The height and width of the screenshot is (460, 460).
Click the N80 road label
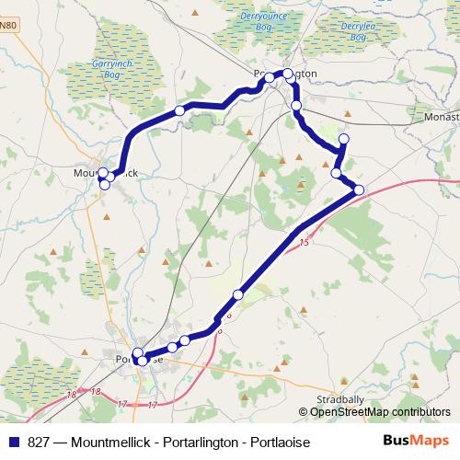point(8,25)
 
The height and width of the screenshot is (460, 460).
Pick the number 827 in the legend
point(40,443)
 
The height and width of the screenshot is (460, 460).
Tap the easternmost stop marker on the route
point(359,190)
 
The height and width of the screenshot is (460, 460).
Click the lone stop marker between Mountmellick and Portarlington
point(180,110)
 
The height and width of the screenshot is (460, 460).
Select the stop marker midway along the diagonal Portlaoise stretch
point(238,294)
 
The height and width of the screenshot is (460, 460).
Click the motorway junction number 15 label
point(305,243)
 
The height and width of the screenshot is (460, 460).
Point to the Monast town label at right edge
point(442,118)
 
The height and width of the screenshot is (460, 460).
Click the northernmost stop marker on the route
point(288,74)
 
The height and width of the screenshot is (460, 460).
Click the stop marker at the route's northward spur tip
point(344,139)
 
